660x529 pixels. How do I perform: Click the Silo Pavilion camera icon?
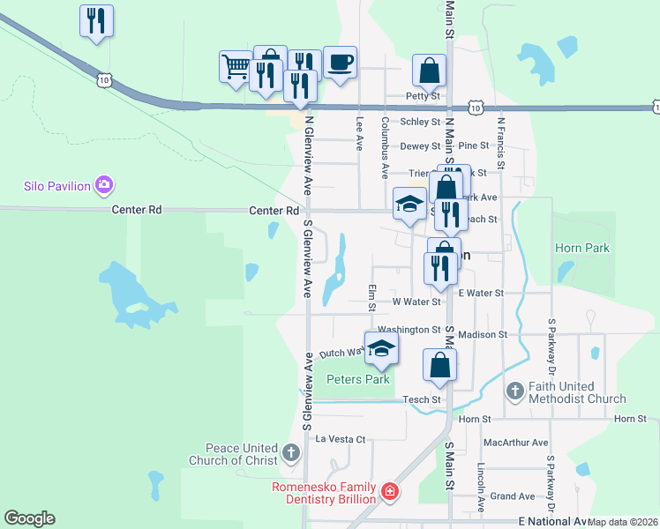[x=105, y=185]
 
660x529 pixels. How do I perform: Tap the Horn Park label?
[x=582, y=249]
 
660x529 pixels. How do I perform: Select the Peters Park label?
[x=358, y=380]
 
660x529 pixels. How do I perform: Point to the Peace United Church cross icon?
[x=292, y=453]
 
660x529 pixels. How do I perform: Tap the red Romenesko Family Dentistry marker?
[x=389, y=490]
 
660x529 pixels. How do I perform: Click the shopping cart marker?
[x=236, y=66]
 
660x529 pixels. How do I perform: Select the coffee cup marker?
[x=340, y=62]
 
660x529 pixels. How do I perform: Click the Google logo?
[x=29, y=518]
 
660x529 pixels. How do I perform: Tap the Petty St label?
[x=423, y=95]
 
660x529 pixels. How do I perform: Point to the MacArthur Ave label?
[x=515, y=443]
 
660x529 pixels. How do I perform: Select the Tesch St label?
[x=422, y=399]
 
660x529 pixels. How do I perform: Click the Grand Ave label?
[x=507, y=496]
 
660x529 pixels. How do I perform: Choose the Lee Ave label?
[x=359, y=134]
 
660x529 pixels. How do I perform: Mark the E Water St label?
[x=480, y=293]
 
